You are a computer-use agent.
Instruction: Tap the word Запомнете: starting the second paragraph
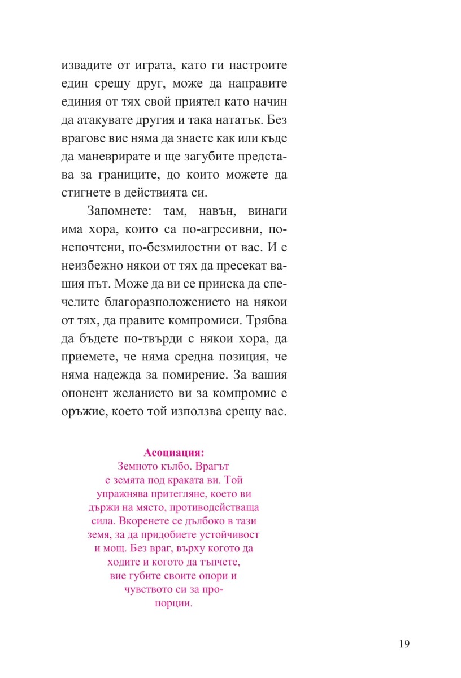[x=117, y=211]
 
